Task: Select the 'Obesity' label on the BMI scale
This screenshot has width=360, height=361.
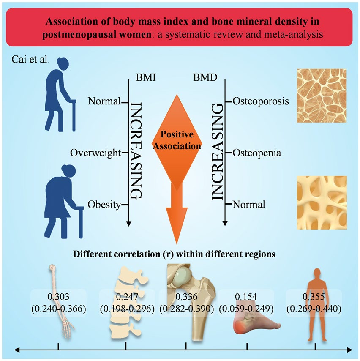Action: tap(103, 205)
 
